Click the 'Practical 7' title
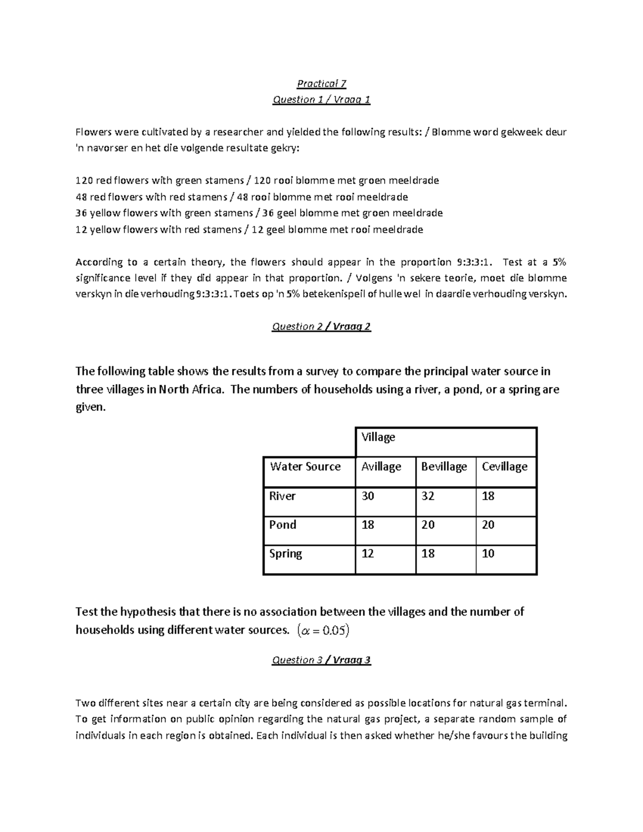(322, 84)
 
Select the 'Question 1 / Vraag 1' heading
(322, 100)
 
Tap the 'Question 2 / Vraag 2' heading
(322, 326)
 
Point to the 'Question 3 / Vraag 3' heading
(322, 660)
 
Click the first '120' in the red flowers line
(84, 181)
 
